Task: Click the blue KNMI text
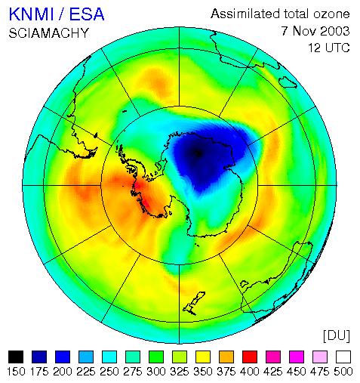32,14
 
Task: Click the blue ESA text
87,14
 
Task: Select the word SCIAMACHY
49,33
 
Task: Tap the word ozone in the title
331,14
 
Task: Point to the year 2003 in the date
334,31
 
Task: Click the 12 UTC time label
329,48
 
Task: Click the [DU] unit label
337,335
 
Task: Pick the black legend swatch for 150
16,357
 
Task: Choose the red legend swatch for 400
250,357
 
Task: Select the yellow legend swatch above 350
203,357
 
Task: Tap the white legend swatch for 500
343,357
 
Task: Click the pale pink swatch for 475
320,357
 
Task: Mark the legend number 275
133,372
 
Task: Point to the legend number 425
273,372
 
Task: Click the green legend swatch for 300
156,357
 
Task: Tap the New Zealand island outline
194,303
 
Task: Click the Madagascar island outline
288,82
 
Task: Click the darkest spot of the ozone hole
197,153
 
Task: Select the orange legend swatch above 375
226,357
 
